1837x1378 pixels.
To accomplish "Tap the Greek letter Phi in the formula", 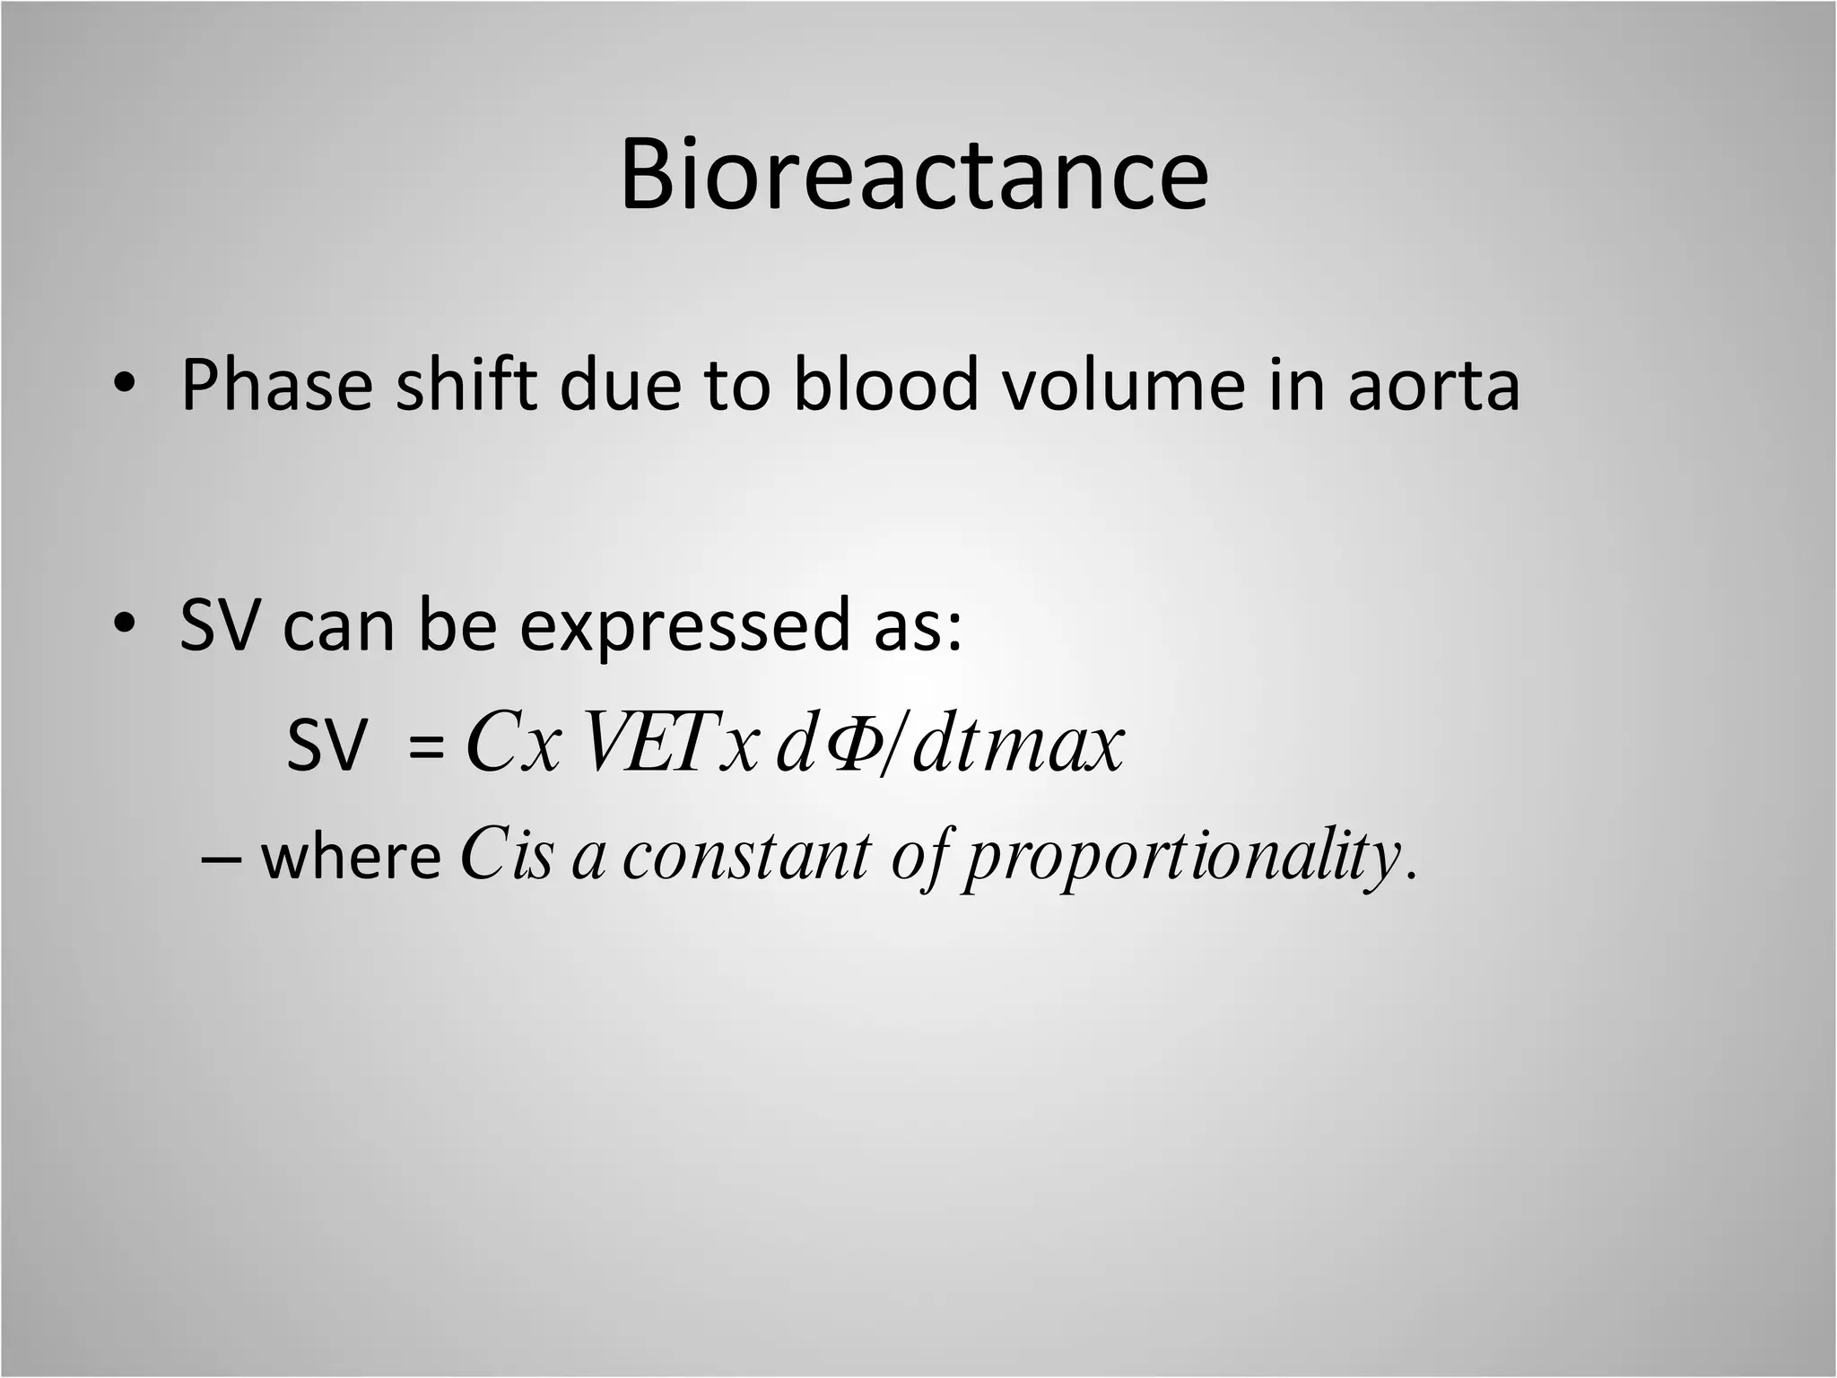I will click(x=848, y=743).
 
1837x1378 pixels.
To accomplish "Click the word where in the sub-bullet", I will click(x=351, y=859).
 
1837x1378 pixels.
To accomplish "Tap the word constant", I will click(x=745, y=857).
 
